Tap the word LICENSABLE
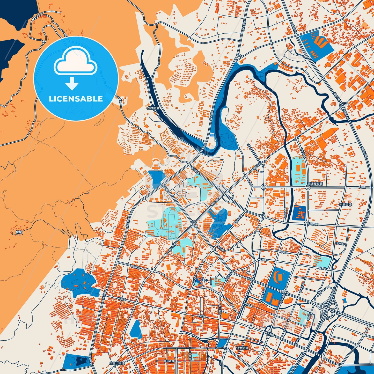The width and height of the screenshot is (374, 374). pyautogui.click(x=76, y=99)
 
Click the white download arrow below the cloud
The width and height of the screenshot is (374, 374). pyautogui.click(x=72, y=83)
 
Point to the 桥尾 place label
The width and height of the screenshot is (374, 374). pyautogui.click(x=19, y=232)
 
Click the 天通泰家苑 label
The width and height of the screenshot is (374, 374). pyautogui.click(x=315, y=184)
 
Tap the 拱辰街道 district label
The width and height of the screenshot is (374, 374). pyautogui.click(x=346, y=204)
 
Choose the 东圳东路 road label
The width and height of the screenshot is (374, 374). pyautogui.click(x=312, y=224)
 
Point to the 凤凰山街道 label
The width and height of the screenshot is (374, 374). pyautogui.click(x=117, y=363)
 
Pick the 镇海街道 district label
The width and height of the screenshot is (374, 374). pyautogui.click(x=242, y=348)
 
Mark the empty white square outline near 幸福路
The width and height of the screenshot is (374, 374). pyautogui.click(x=237, y=250)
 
